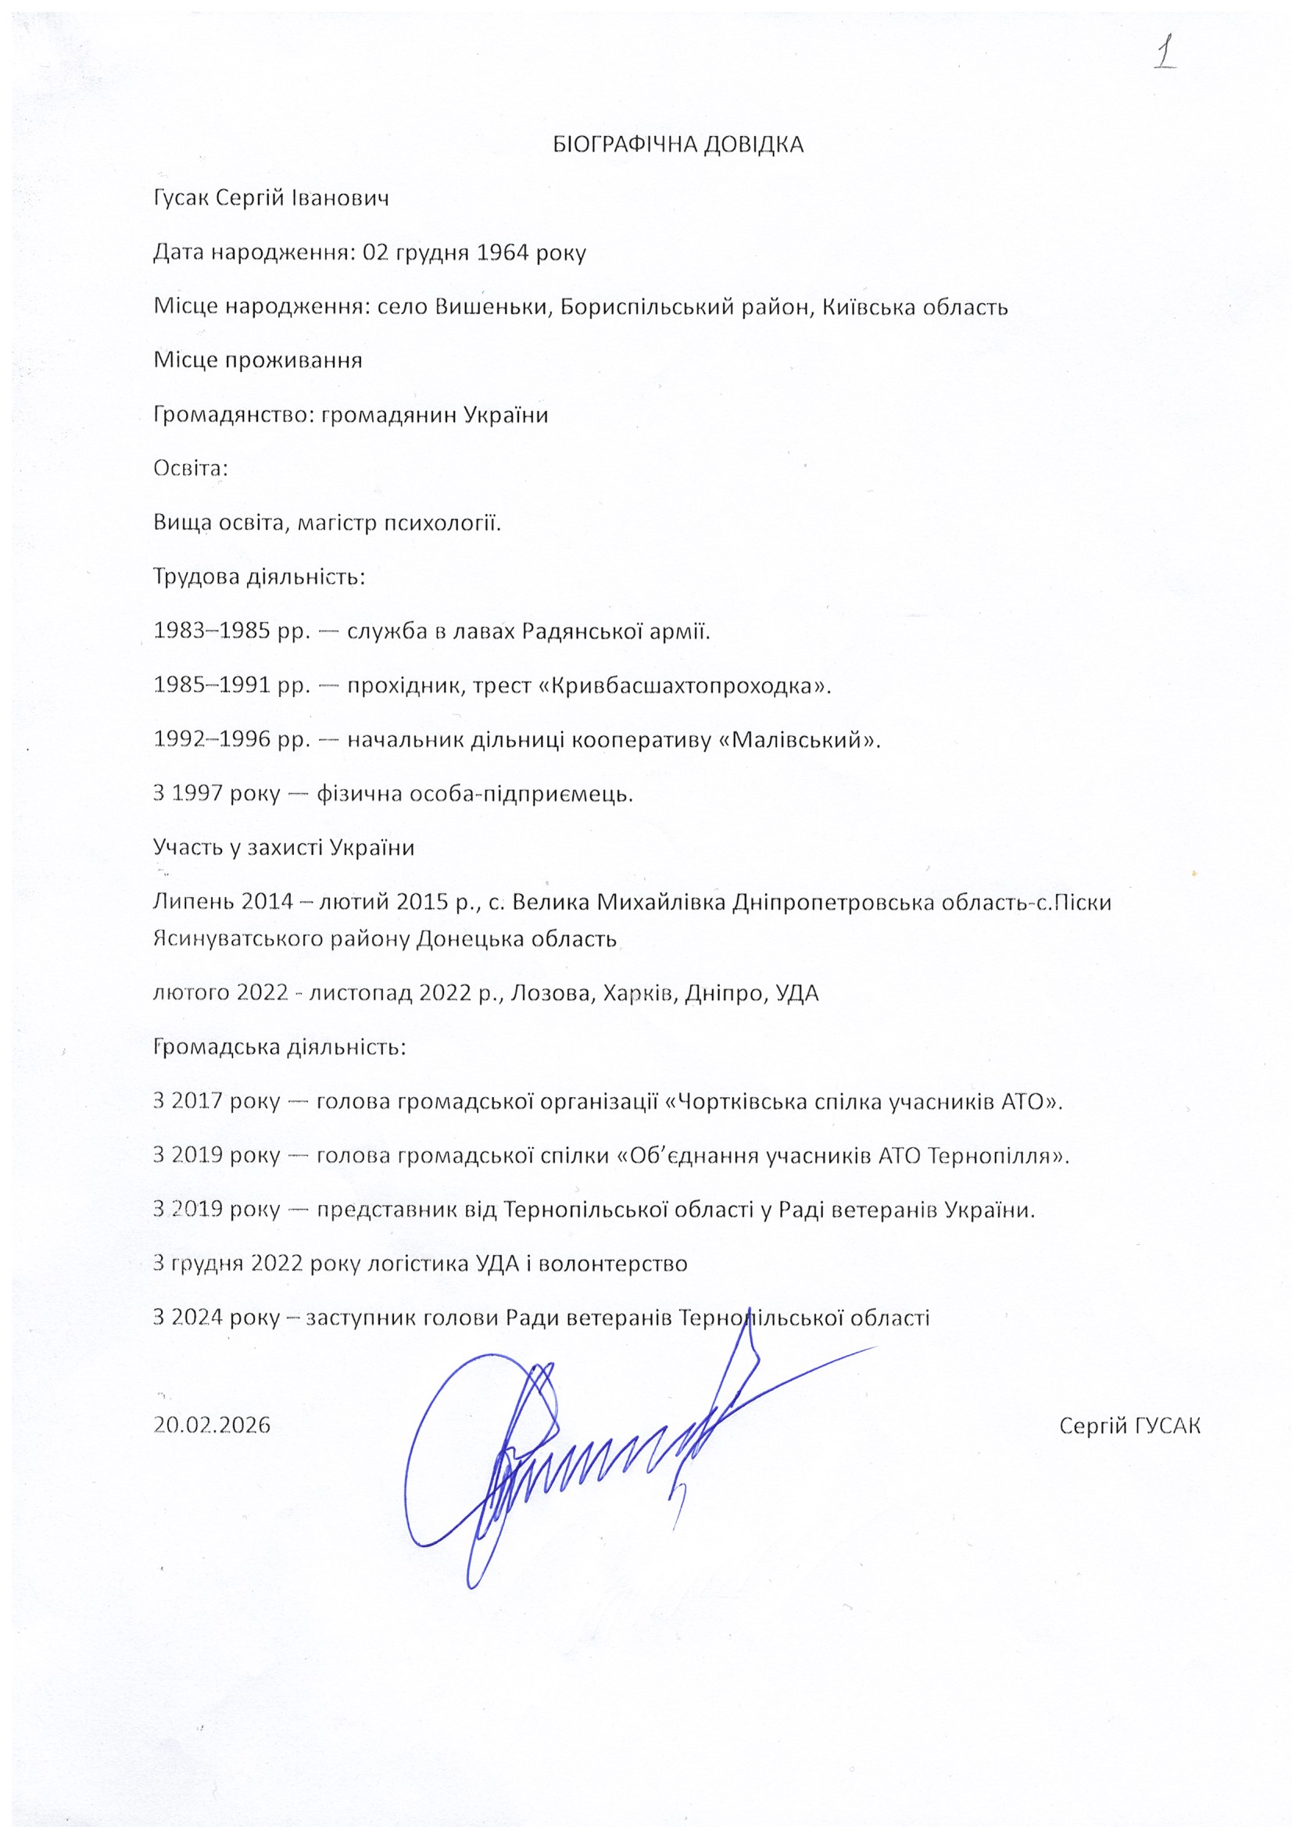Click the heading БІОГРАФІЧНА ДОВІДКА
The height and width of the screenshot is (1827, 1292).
(x=678, y=145)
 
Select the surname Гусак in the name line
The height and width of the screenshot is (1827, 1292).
(x=181, y=198)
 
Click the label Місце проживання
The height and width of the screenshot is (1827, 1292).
(x=258, y=360)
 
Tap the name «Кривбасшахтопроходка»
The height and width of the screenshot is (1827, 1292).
(x=685, y=685)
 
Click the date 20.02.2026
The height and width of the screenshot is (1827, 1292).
(x=212, y=1425)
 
